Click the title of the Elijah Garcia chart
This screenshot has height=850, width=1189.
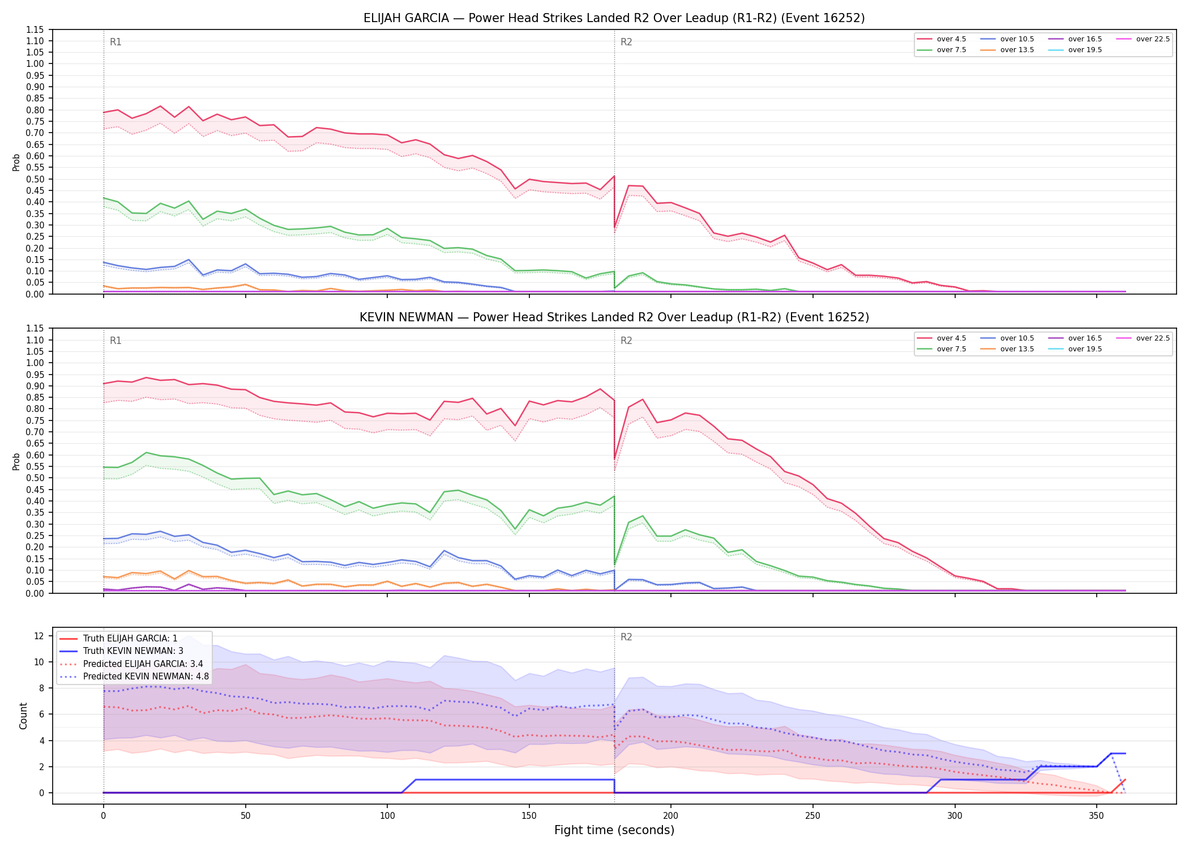click(614, 18)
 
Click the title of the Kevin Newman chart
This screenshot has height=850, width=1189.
click(614, 317)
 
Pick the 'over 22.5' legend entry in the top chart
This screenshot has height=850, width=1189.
click(1143, 39)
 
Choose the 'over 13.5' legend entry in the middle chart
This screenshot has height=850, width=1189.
click(1007, 349)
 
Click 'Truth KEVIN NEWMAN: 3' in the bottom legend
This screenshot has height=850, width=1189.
click(121, 651)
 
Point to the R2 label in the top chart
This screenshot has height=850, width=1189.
click(626, 42)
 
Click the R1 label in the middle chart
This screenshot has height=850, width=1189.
click(116, 341)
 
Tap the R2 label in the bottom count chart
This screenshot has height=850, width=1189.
click(626, 637)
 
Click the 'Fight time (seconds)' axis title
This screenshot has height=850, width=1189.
click(614, 830)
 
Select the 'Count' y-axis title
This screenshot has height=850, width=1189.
click(23, 716)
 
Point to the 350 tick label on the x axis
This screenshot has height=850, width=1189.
click(1096, 816)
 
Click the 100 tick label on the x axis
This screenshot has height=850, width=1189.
click(387, 816)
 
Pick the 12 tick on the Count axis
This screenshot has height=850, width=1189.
click(39, 636)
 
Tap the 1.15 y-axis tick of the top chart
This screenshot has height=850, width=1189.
click(35, 29)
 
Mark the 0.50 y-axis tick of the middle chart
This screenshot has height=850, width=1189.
click(35, 478)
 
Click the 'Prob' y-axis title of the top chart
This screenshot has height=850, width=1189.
click(16, 162)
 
